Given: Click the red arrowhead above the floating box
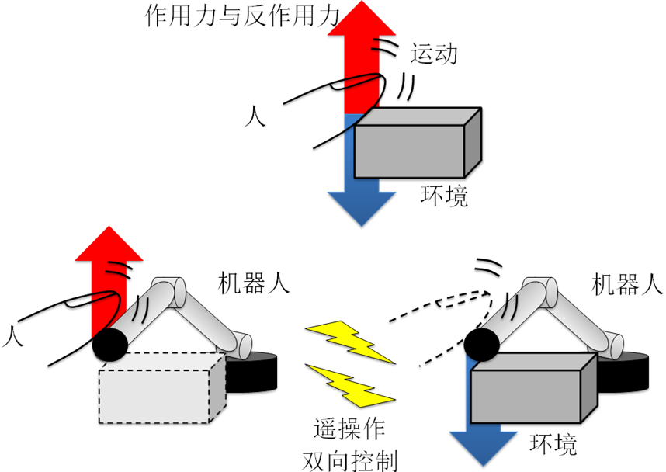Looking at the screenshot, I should point(362,20).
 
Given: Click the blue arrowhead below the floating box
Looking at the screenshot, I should point(362,207).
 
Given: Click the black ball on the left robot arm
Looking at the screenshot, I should point(110,345).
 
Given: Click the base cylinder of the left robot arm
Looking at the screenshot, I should point(242,347).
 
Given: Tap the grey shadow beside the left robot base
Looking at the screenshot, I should point(264,357).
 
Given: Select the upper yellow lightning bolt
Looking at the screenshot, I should point(349,340).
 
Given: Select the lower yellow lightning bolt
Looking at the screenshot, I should point(351,385).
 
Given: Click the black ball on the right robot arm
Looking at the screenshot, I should point(483,345).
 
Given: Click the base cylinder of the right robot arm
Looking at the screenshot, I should point(614,347).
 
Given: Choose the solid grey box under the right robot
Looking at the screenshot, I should point(526,396).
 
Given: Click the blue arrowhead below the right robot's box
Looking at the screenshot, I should point(484,448).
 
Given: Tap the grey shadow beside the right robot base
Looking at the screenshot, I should point(636,357).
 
